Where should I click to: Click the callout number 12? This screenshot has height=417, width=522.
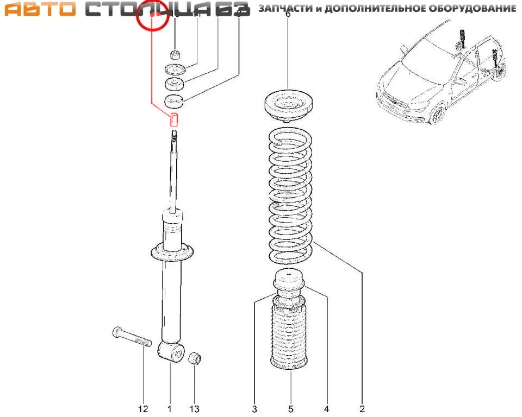tap(143, 409)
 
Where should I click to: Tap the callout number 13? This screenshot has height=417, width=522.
tap(194, 409)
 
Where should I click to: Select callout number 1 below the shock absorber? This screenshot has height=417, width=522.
tap(169, 409)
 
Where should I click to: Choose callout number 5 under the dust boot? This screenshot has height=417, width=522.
tap(290, 409)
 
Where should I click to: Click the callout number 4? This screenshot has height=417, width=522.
tap(326, 409)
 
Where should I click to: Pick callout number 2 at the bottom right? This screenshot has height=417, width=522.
tap(362, 409)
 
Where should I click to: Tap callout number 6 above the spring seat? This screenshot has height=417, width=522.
tap(288, 15)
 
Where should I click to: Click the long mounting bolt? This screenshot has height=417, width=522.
tap(130, 337)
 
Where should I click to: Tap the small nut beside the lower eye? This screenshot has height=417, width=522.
tap(196, 358)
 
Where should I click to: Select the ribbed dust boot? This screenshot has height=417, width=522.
tap(290, 338)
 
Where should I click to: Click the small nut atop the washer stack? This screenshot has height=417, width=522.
tap(175, 54)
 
